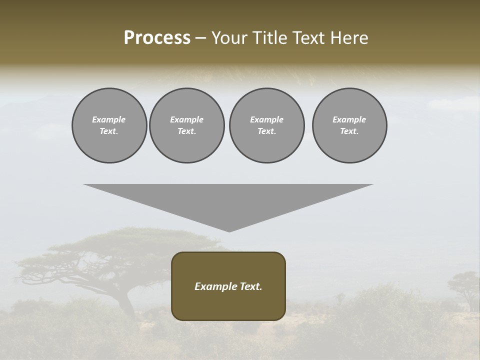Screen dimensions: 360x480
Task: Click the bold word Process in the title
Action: coord(157,38)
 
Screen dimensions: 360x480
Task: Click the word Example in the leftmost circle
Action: coord(109,119)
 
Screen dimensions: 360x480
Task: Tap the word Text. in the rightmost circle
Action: coord(349,131)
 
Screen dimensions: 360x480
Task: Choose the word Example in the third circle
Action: coord(267,119)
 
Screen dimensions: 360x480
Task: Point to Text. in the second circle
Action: coord(187,131)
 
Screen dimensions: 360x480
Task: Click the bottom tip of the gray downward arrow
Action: coord(229,230)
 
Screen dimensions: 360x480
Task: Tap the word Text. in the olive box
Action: coord(250,286)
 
